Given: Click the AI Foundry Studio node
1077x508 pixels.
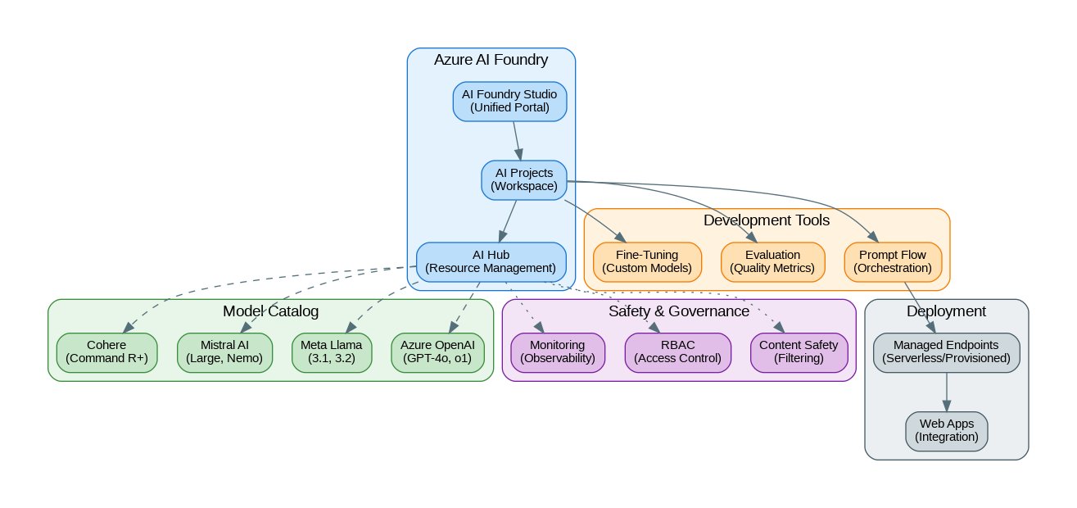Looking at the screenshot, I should (x=509, y=101).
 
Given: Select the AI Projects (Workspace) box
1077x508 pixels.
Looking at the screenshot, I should (x=523, y=179).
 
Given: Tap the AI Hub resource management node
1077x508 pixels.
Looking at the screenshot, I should (x=491, y=261).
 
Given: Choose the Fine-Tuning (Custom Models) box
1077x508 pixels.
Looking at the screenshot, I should (x=647, y=261).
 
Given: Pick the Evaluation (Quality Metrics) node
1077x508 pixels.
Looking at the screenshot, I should (x=772, y=261).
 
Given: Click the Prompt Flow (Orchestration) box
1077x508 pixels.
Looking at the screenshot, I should (x=892, y=261).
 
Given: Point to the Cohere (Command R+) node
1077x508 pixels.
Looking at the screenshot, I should (x=106, y=352).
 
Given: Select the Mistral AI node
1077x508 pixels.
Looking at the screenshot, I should (x=224, y=352).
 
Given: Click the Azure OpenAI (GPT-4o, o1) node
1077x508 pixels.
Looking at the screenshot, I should (x=437, y=352).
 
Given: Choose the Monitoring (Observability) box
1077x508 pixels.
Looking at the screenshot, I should (x=557, y=352).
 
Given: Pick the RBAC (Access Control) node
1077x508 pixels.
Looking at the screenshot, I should (x=677, y=352).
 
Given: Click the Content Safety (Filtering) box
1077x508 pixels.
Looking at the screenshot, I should (x=799, y=352).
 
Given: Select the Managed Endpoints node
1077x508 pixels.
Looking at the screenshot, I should (x=946, y=352).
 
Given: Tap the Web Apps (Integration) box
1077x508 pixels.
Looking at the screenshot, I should (x=946, y=430).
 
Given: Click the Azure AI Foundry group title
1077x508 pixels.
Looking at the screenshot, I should (x=491, y=60).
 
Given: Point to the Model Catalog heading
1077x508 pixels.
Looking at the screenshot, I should (x=270, y=311).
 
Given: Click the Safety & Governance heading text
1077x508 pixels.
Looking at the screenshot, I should (x=678, y=311).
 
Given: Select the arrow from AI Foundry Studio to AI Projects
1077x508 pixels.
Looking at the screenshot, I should (x=517, y=140).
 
